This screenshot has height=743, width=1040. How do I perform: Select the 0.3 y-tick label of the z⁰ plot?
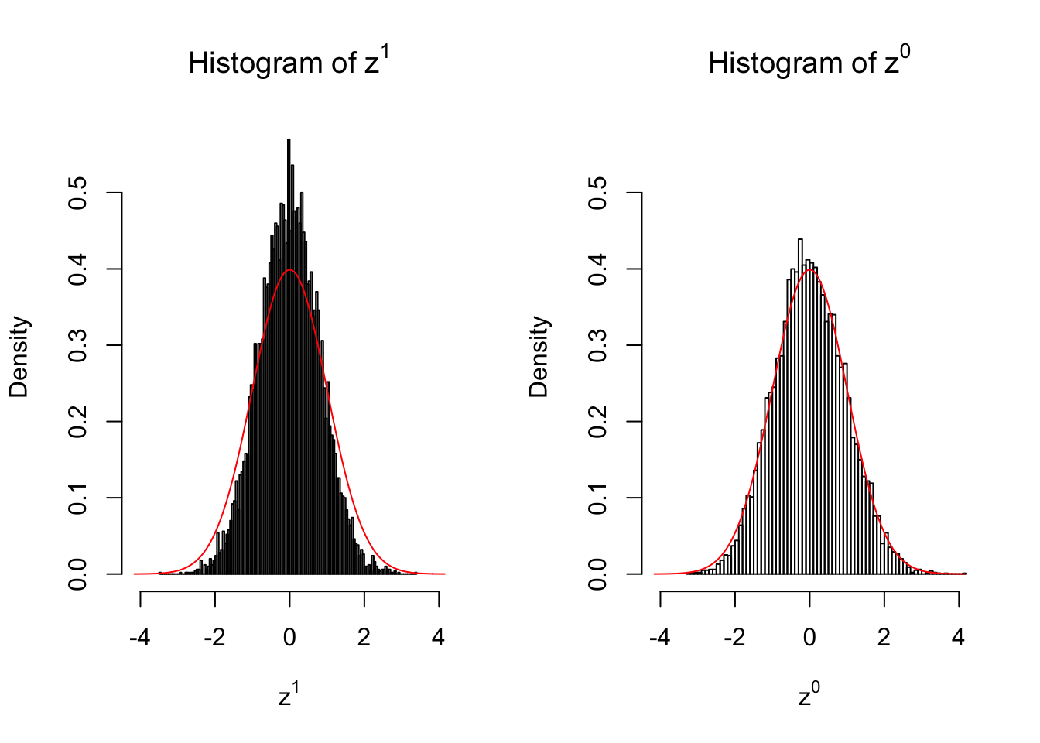[598, 345]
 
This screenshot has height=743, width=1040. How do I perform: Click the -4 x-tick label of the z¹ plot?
[140, 638]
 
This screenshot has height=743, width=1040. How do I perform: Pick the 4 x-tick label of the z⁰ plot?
[959, 638]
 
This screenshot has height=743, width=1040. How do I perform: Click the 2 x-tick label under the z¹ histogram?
[364, 638]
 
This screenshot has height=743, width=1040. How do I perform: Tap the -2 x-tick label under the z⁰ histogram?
[734, 638]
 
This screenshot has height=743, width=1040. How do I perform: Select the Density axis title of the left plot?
[19, 357]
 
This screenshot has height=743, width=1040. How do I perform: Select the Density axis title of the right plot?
[539, 357]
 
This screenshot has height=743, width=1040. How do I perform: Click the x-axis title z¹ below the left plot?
[289, 696]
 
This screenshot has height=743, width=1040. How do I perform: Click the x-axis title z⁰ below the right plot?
[809, 696]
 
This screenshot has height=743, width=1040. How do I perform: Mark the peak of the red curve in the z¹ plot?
[289, 269]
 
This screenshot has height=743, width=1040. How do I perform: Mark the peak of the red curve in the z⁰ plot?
[809, 269]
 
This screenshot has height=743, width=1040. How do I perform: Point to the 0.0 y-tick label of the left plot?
[78, 574]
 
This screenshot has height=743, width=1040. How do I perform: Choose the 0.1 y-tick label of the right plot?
[598, 498]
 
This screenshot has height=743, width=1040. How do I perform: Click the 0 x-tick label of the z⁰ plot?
[809, 638]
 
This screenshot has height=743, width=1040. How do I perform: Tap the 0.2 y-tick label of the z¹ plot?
[78, 422]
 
